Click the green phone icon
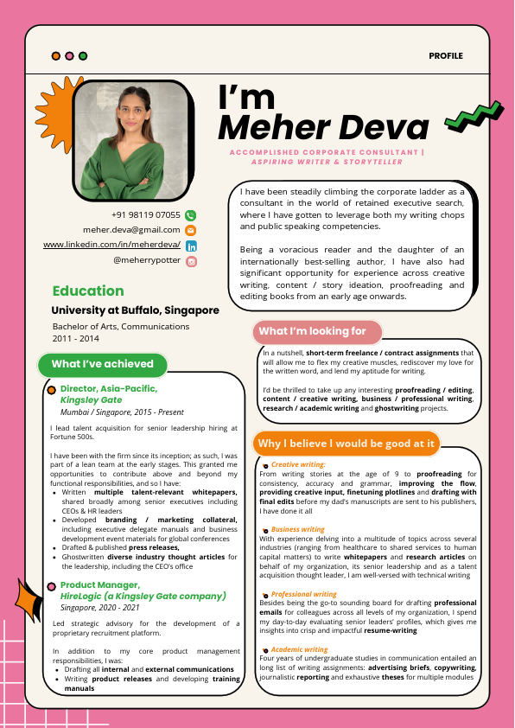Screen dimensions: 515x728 click(191, 215)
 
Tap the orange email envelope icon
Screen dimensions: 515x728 click(191, 230)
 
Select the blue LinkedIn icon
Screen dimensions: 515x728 click(191, 246)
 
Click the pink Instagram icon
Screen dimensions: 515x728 click(191, 260)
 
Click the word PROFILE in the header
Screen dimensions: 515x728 click(446, 56)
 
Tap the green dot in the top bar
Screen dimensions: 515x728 click(83, 56)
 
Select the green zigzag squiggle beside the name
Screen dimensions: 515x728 click(474, 115)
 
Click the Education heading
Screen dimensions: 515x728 click(88, 291)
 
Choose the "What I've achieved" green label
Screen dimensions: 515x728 click(102, 364)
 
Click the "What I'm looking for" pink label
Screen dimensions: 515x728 click(313, 331)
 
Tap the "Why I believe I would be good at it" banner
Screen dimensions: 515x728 click(346, 444)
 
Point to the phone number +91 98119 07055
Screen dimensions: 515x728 click(146, 215)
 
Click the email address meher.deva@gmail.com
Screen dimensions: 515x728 click(131, 230)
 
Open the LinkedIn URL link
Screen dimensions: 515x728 click(111, 246)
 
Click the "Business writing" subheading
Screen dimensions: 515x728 click(297, 529)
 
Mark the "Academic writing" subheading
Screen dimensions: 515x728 click(299, 649)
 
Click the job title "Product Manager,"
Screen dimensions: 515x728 click(100, 585)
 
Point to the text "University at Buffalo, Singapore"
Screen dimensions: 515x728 click(136, 310)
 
